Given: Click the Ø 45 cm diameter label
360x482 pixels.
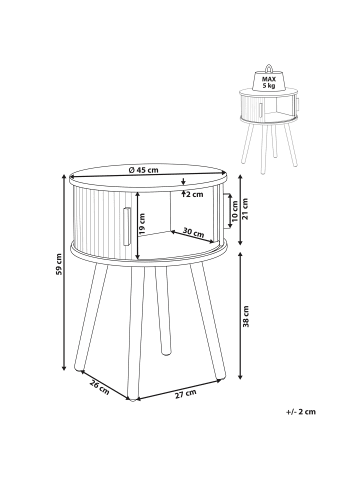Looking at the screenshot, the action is click(143, 170).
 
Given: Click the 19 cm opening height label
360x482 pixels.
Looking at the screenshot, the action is click(142, 223).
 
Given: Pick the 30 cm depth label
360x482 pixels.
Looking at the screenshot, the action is click(193, 233).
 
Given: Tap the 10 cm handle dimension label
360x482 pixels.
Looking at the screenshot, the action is click(235, 211).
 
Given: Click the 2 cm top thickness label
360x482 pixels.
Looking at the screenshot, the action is click(194, 195).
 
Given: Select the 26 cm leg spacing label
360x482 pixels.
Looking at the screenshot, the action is click(99, 387).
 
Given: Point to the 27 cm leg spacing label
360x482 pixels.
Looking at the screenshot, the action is click(186, 394).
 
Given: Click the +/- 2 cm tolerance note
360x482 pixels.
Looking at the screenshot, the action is click(301, 412).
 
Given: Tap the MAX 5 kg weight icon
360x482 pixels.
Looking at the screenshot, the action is click(268, 79).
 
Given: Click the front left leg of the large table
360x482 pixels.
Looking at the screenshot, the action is click(91, 318).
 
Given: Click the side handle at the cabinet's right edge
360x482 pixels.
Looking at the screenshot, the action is click(227, 211).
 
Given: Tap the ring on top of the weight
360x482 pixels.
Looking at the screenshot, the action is click(269, 68).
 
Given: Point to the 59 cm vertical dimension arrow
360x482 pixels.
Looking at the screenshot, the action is click(64, 272).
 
